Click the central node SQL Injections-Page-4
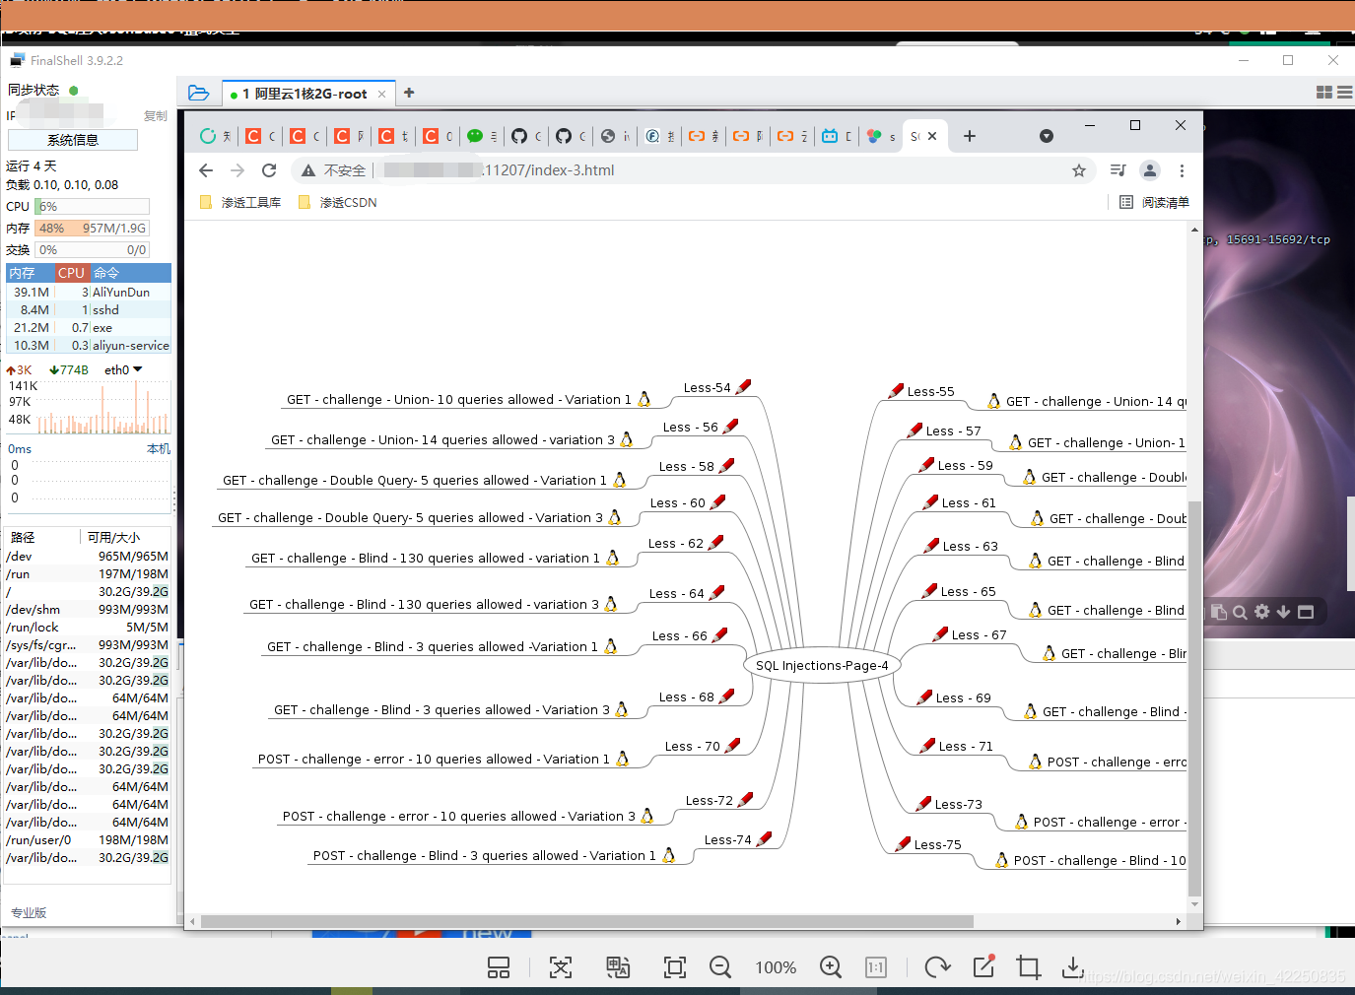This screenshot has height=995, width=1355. click(822, 665)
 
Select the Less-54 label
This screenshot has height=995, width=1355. click(707, 387)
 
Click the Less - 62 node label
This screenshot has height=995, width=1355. click(675, 543)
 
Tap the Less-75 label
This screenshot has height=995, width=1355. click(937, 844)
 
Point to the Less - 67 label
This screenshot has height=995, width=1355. click(979, 634)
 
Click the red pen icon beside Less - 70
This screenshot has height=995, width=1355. click(732, 745)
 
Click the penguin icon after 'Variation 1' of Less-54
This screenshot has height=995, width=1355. click(644, 399)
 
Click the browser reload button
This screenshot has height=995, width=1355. click(269, 170)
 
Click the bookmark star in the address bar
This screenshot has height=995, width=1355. click(1079, 170)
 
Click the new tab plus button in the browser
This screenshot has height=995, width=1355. click(970, 136)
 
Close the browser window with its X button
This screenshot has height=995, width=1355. click(1181, 125)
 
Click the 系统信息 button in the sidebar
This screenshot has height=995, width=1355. click(73, 140)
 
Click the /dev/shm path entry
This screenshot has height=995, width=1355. click(33, 609)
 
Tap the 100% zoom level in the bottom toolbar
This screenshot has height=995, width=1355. click(776, 967)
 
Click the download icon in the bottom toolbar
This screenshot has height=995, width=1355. click(1073, 967)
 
